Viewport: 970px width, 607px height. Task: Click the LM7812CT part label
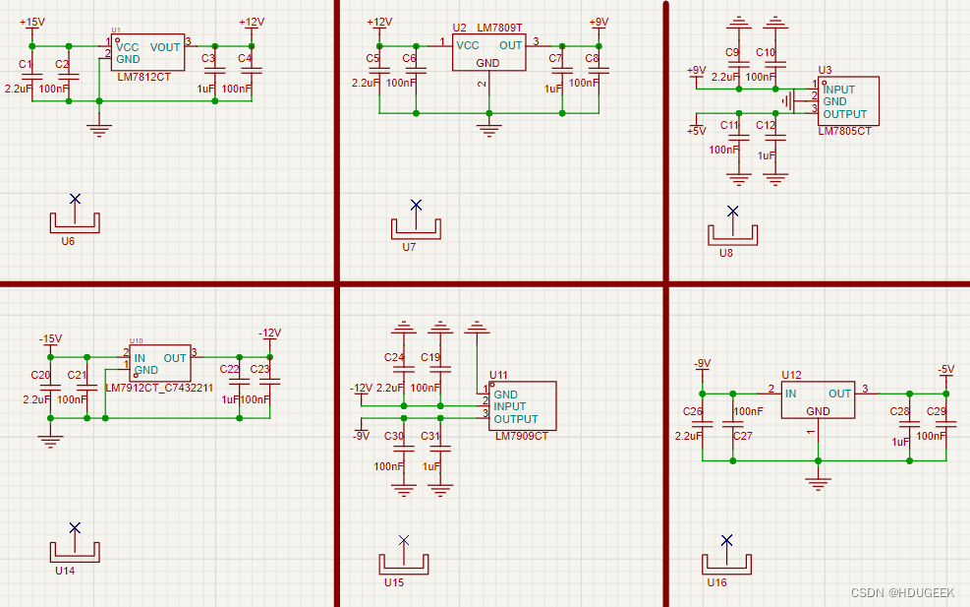[143, 76]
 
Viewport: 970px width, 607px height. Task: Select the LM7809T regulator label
[500, 28]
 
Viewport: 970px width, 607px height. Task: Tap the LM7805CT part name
[844, 131]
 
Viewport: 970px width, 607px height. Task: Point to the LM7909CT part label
[522, 436]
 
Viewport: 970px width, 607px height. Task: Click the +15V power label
[31, 22]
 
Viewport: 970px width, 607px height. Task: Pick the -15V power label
[50, 338]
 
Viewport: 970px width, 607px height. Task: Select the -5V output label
[944, 369]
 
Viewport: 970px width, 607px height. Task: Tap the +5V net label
[697, 131]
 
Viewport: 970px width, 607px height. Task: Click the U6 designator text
[68, 241]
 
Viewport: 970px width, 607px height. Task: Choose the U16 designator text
[717, 582]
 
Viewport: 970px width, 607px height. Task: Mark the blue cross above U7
[416, 205]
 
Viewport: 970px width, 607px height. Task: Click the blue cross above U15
[403, 540]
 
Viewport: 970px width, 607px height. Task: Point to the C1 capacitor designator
[26, 64]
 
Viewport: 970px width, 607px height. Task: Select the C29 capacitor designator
[937, 411]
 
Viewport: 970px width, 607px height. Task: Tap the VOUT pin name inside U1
[165, 46]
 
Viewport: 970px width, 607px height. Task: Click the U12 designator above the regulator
[791, 376]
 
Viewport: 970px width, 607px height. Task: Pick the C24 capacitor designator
[394, 357]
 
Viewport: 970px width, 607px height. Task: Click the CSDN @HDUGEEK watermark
[902, 592]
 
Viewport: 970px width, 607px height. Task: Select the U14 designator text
[65, 571]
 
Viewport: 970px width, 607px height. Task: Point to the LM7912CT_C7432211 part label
[158, 388]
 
